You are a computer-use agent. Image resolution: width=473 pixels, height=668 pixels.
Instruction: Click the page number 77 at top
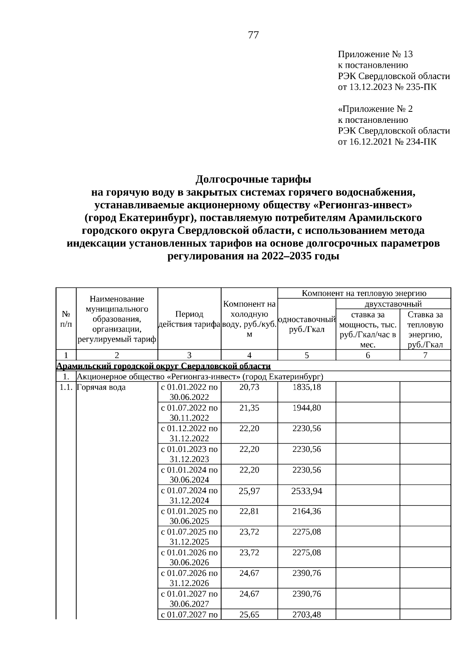[x=253, y=35]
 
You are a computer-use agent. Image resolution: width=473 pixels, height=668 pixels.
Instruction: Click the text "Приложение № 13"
[x=375, y=54]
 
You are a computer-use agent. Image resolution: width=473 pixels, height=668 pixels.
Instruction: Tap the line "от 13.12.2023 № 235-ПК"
[x=387, y=87]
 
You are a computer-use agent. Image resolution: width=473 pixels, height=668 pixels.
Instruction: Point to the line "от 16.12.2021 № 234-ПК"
[x=387, y=141]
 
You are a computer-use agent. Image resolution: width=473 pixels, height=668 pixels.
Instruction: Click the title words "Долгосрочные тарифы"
[x=253, y=179]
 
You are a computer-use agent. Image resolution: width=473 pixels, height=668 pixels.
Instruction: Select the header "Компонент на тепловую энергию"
[x=364, y=293]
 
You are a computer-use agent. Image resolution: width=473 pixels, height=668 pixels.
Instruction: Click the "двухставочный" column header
[x=393, y=304]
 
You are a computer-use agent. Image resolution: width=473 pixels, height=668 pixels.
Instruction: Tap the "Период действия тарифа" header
[x=189, y=319]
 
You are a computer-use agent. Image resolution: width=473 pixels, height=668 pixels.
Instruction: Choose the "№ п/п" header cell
[x=66, y=319]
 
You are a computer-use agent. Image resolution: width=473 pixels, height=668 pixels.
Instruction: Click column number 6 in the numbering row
[x=368, y=355]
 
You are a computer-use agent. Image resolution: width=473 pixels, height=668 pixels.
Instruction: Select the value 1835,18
[x=307, y=387]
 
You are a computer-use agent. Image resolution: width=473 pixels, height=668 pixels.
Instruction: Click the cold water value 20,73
[x=249, y=387]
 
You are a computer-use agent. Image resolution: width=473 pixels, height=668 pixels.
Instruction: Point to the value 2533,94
[x=307, y=490]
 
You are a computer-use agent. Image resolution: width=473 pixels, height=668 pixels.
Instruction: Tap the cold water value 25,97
[x=249, y=490]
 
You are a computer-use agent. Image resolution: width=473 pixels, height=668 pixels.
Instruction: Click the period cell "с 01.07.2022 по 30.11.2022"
[x=189, y=413]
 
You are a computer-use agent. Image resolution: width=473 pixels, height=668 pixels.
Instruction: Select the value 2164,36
[x=307, y=511]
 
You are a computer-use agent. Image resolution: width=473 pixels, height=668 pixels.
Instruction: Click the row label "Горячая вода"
[x=101, y=387]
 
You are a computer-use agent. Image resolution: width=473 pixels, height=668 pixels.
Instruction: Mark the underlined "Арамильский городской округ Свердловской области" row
[x=164, y=366]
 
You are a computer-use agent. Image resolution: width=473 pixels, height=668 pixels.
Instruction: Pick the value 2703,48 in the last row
[x=307, y=614]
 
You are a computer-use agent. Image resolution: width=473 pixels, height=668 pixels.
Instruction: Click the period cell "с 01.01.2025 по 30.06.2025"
[x=189, y=516]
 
